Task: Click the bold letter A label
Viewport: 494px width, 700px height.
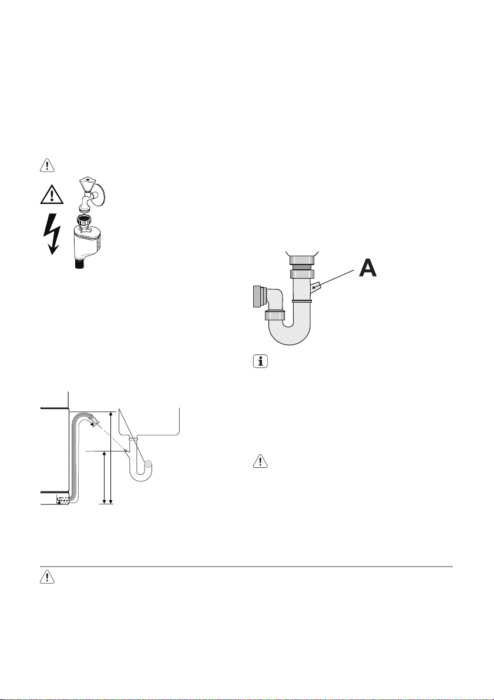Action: click(368, 268)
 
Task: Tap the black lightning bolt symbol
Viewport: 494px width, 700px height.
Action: click(52, 233)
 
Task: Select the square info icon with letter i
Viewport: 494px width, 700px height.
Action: click(260, 361)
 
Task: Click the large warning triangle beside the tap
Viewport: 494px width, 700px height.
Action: click(52, 195)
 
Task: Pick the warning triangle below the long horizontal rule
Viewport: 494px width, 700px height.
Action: click(47, 577)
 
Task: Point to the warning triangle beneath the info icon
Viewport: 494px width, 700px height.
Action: click(260, 461)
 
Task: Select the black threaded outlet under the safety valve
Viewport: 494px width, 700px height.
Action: click(81, 263)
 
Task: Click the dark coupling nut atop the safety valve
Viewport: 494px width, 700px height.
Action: click(85, 220)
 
